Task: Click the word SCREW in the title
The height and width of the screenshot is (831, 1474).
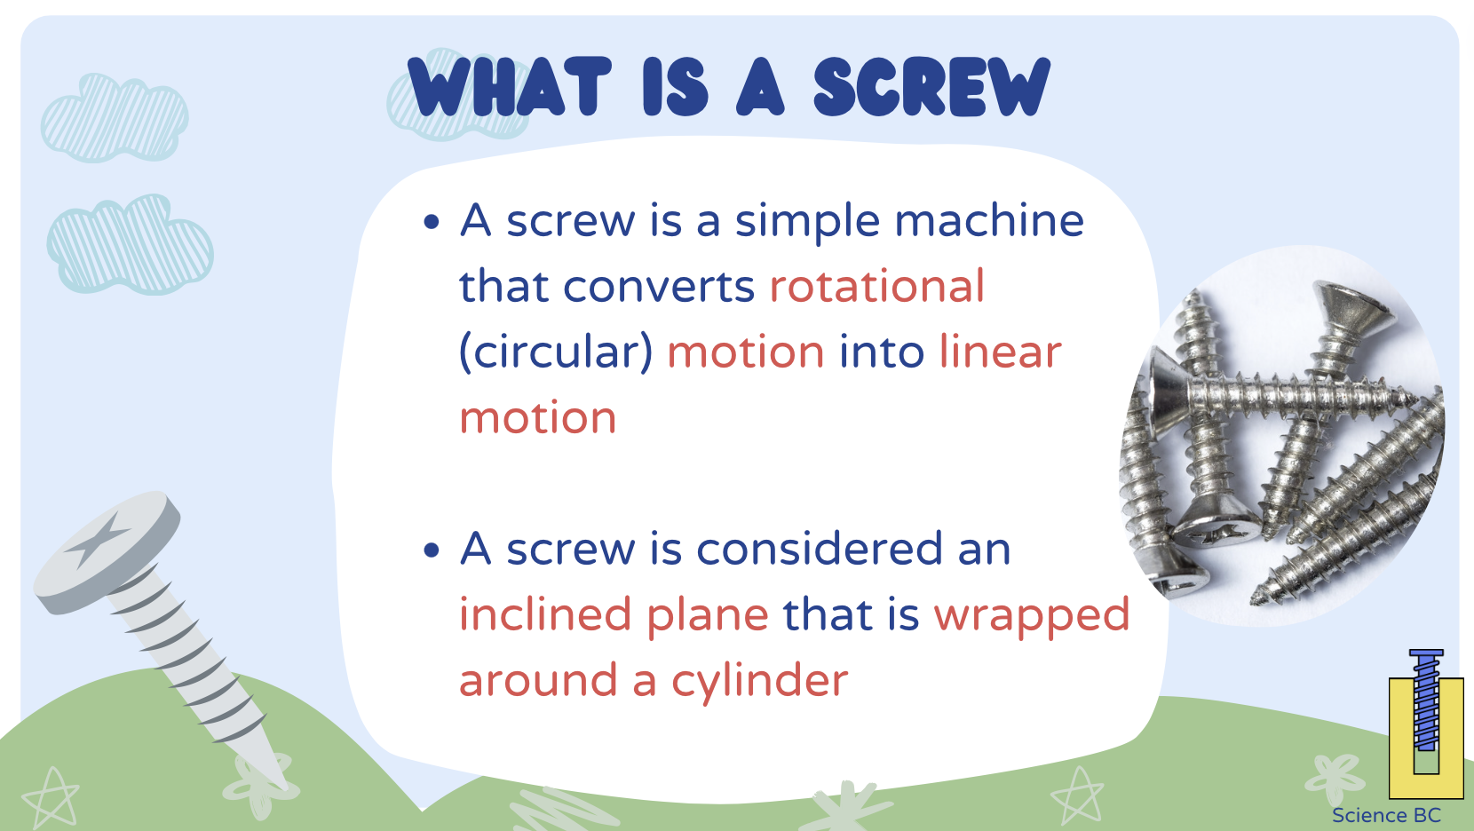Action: [x=931, y=87]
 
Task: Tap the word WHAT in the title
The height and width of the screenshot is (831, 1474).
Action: [x=510, y=87]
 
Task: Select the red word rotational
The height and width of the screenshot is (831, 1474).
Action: [x=876, y=287]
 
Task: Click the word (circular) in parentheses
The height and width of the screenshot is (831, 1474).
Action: [x=556, y=352]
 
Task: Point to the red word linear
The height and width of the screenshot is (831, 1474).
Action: [x=1000, y=352]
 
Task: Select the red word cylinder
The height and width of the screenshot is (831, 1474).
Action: [x=759, y=682]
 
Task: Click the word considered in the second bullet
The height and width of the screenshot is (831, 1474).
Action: [x=820, y=550]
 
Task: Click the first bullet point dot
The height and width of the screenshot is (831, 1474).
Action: [x=432, y=222]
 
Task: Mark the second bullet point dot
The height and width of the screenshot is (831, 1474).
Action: [x=432, y=551]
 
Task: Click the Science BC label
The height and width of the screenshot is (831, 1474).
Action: [x=1386, y=816]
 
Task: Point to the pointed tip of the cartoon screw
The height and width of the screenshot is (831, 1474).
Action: [x=282, y=782]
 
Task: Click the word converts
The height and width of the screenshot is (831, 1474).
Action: [x=658, y=287]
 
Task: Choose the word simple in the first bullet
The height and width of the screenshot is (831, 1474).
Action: [x=807, y=222]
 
